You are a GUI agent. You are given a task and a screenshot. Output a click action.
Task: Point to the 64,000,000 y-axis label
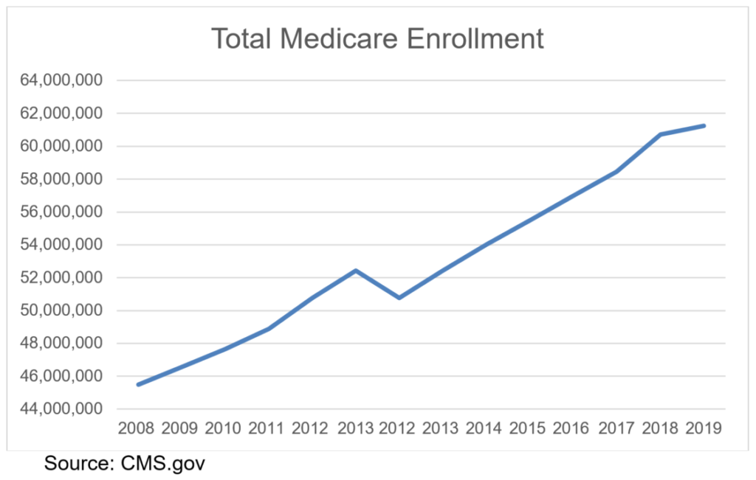[61, 80]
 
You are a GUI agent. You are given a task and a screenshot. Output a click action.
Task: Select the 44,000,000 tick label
[61, 409]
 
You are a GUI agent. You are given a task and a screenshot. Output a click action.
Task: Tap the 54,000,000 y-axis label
[61, 245]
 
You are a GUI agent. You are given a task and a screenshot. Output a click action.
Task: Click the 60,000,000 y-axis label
[61, 146]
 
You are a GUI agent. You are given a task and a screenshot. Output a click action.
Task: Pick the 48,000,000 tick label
[61, 344]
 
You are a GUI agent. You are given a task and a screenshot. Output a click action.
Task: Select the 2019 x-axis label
[704, 428]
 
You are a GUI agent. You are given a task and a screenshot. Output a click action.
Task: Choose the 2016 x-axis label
[573, 428]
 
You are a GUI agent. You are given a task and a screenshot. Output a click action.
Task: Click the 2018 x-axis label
[660, 428]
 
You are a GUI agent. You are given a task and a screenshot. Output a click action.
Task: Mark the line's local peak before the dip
[356, 271]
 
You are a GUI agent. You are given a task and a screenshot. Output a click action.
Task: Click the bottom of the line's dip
[399, 298]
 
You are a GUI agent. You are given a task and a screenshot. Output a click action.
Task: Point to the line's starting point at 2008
[138, 384]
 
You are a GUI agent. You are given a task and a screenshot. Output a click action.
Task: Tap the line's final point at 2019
[704, 125]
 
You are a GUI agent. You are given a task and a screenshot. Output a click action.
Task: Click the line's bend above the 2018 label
[660, 134]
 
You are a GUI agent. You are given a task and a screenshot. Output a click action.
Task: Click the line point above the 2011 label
[269, 328]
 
